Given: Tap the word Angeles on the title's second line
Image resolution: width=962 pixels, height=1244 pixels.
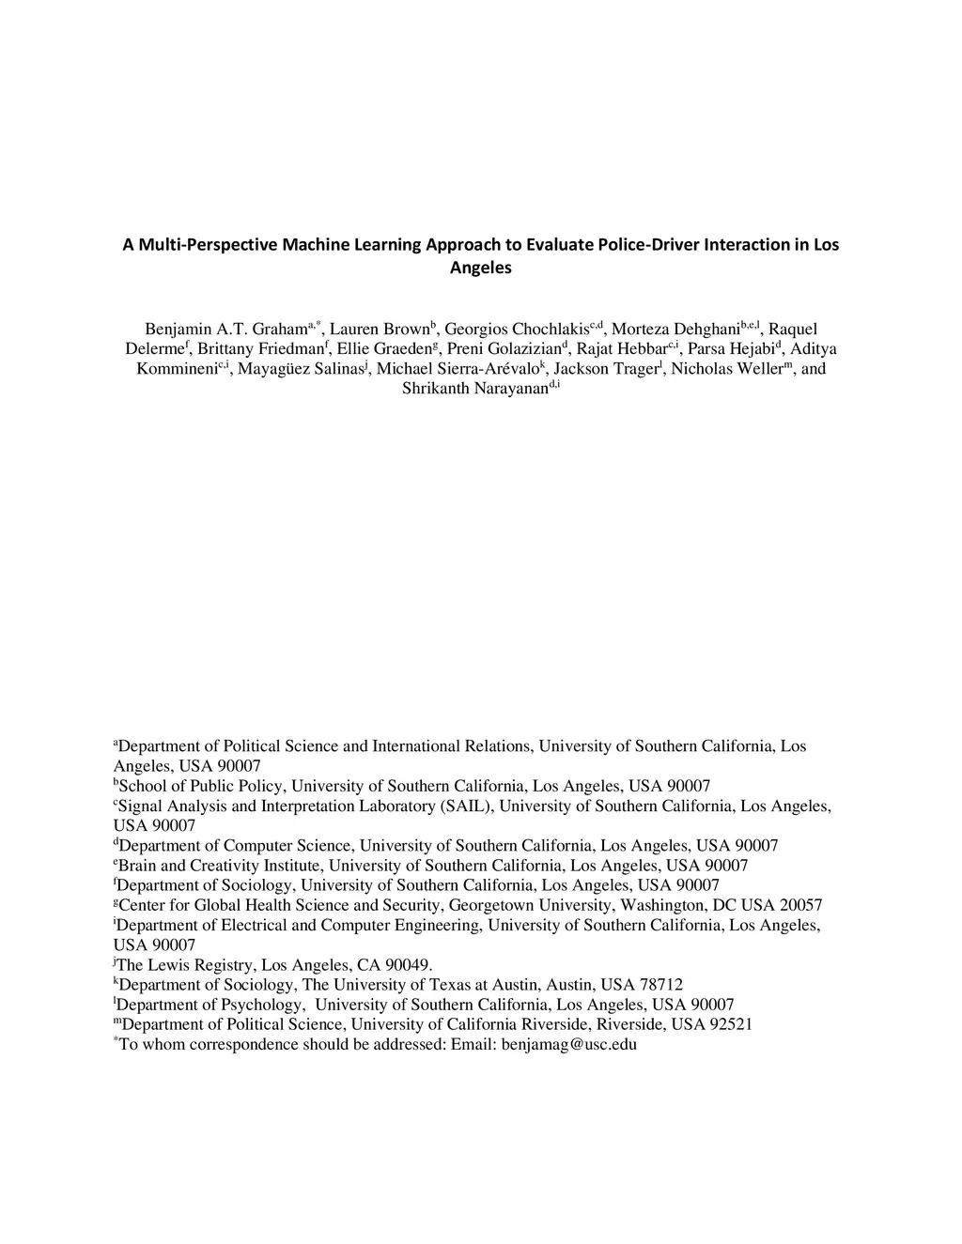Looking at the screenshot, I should pos(481,268).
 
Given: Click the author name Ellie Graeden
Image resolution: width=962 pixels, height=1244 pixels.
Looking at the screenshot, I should pos(380,349).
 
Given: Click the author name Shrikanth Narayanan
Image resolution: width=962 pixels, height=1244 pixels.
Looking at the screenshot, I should pos(474,389).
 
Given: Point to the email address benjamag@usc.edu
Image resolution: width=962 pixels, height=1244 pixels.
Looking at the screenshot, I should pos(568,1045).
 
